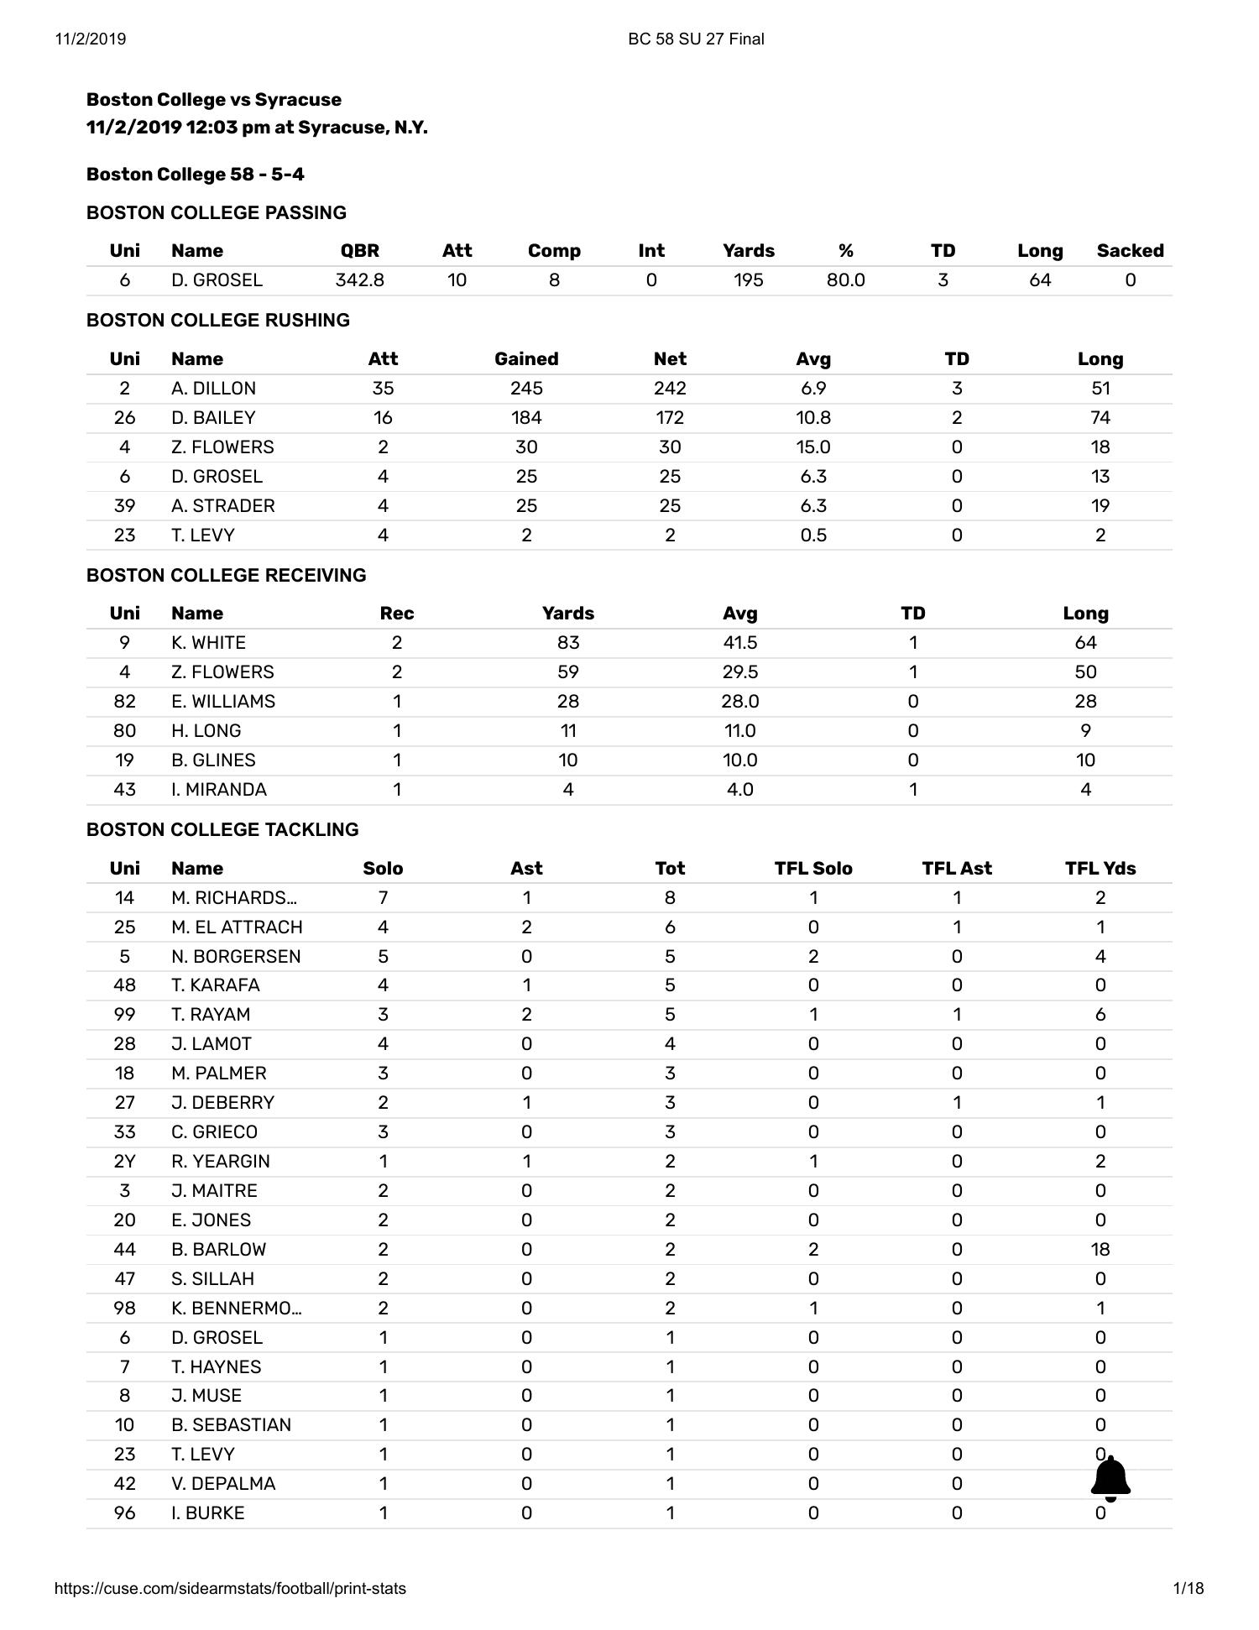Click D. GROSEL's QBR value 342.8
[x=359, y=280]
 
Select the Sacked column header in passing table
[x=1130, y=251]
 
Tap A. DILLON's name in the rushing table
[x=213, y=389]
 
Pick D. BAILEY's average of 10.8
[x=812, y=418]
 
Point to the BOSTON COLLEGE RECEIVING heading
[x=226, y=576]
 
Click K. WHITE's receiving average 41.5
[x=739, y=643]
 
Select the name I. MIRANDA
[x=218, y=790]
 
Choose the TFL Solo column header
[x=812, y=869]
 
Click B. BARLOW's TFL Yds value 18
[x=1100, y=1250]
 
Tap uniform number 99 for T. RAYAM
[x=124, y=1015]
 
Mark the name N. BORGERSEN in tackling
[x=236, y=957]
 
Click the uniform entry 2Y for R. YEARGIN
[x=124, y=1162]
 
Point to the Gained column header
[x=525, y=359]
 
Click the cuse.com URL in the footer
[x=230, y=1588]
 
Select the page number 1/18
[x=1188, y=1588]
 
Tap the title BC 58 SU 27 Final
[x=696, y=39]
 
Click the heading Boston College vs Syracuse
[x=214, y=100]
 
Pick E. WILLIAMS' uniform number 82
[x=124, y=702]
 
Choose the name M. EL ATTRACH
[x=237, y=927]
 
